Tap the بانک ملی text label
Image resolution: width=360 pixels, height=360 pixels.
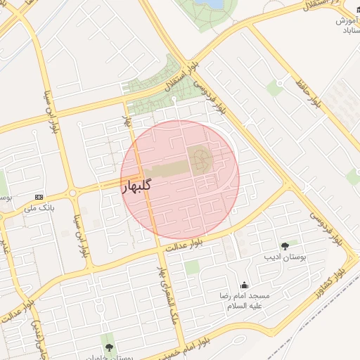39,208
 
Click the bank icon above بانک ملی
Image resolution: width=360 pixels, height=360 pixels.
39,197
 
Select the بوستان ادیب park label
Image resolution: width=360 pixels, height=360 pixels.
285,259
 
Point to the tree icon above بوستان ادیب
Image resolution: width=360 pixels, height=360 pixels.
285,246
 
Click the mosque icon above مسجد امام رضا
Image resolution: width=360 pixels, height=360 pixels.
244,285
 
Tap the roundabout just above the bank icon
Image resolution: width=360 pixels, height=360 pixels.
72,193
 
